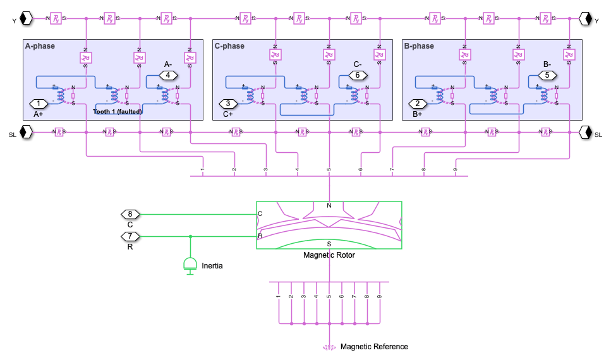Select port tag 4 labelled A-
[x=167, y=75]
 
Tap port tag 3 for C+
[x=228, y=104]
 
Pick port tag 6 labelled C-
[x=357, y=75]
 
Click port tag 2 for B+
[x=418, y=104]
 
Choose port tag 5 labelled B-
[x=547, y=75]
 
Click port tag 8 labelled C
[x=130, y=214]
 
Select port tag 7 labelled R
[x=130, y=236]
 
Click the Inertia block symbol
[x=190, y=264]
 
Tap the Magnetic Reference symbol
[x=329, y=347]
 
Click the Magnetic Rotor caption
[x=329, y=255]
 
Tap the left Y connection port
[x=26, y=18]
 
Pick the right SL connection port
[x=585, y=132]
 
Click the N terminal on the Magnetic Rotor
[x=329, y=206]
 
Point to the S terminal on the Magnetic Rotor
[x=329, y=243]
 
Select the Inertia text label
[x=212, y=266]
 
